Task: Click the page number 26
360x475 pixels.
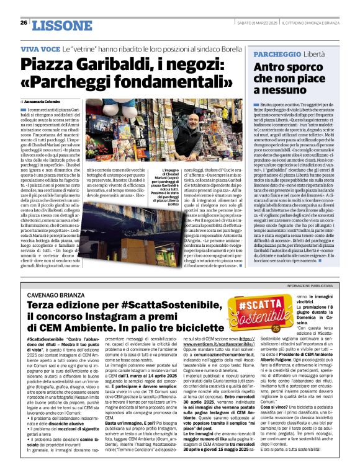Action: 22,24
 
